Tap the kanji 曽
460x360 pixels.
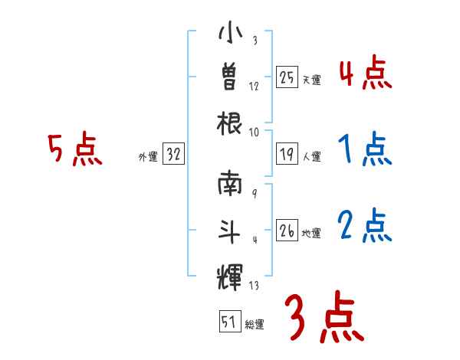(230, 78)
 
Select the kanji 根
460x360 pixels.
(230, 122)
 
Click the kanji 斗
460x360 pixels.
(230, 229)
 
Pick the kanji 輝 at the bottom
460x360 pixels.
(230, 273)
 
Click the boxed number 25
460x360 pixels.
(287, 77)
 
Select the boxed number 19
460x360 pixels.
(287, 155)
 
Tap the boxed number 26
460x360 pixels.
(287, 230)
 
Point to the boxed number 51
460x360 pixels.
(228, 322)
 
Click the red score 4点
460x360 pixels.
(365, 75)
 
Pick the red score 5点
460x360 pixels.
(74, 149)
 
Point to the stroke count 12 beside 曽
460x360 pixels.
(255, 87)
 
